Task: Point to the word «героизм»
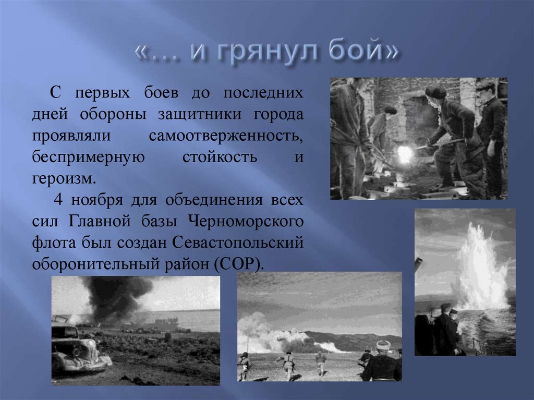click(x=64, y=179)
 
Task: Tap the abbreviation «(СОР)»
click(x=236, y=264)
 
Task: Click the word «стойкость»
click(x=220, y=157)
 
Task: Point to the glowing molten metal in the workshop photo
click(x=405, y=153)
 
